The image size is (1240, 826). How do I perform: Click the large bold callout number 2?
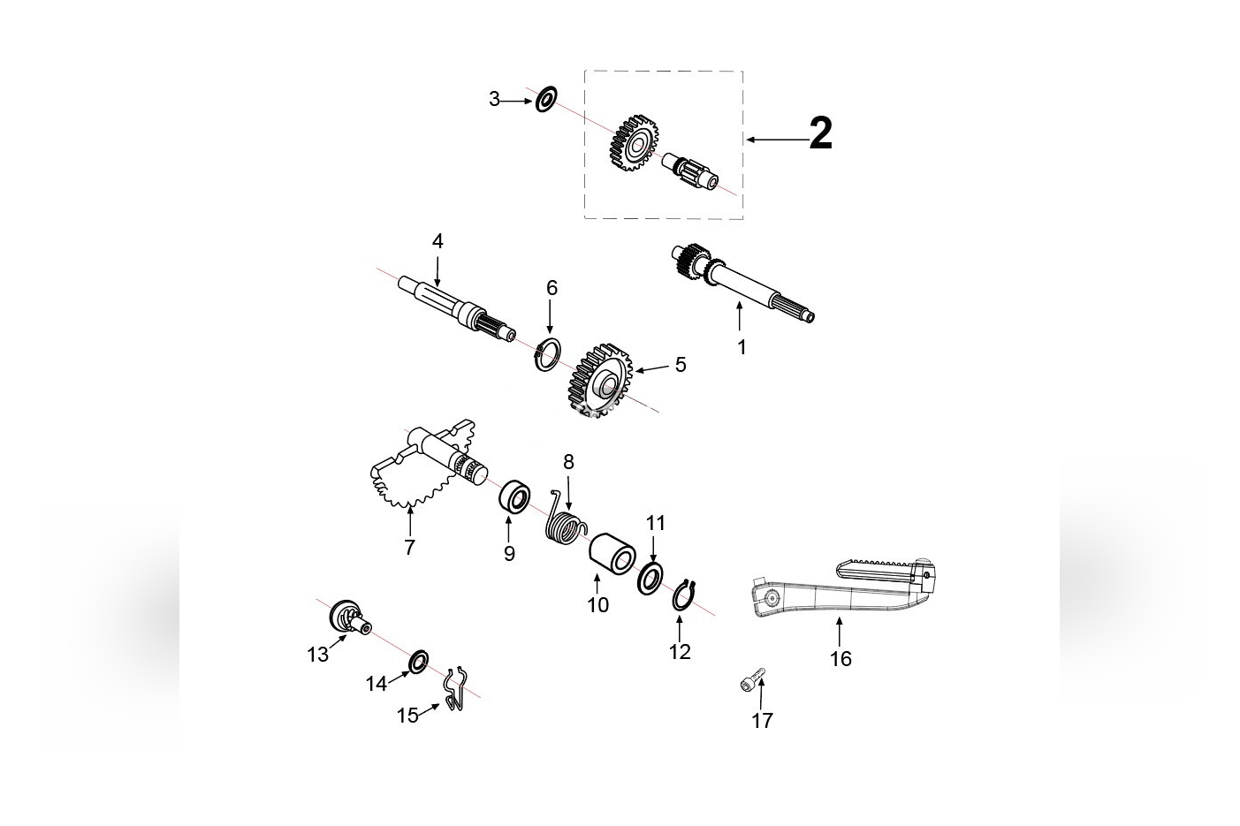click(x=820, y=135)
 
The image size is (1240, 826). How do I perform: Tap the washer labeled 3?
click(x=546, y=99)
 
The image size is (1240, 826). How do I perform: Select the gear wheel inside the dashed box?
click(x=634, y=141)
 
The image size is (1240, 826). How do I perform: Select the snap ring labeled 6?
click(x=548, y=354)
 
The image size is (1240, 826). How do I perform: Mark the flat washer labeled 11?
click(x=651, y=577)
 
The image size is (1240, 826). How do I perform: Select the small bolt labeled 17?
click(x=750, y=682)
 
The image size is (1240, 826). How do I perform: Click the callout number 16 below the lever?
click(x=841, y=659)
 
